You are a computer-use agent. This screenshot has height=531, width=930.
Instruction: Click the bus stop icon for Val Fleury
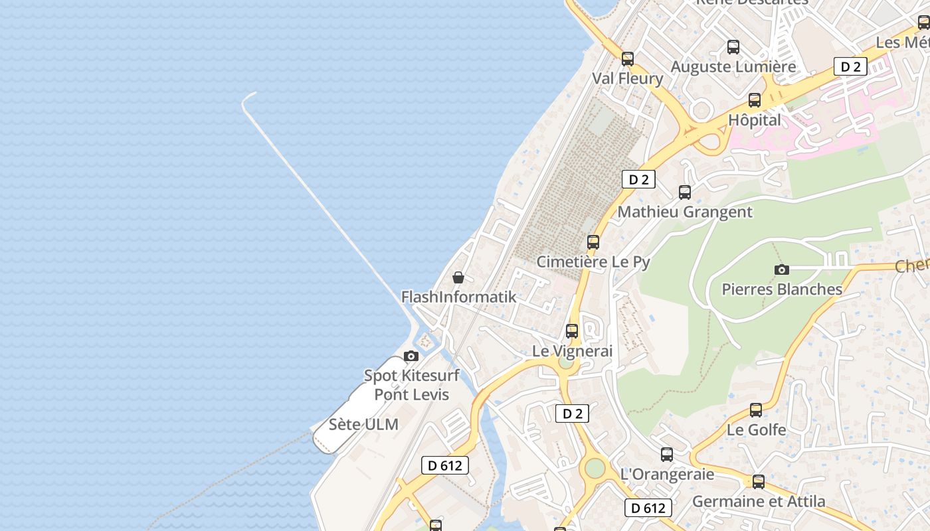[628, 58]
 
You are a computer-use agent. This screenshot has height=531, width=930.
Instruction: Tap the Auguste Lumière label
[733, 66]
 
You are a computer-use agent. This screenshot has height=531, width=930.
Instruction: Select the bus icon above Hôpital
[755, 100]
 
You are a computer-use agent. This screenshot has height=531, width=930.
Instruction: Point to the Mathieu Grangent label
[685, 212]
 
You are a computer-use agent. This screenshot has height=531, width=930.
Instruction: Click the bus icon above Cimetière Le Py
[593, 242]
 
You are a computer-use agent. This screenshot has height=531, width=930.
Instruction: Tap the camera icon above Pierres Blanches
[782, 269]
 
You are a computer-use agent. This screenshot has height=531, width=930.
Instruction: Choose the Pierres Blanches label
[782, 289]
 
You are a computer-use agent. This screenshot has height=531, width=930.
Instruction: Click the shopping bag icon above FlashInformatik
[458, 277]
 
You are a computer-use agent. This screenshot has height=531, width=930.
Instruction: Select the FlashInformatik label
[458, 297]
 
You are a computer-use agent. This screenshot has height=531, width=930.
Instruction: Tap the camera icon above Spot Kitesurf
[411, 356]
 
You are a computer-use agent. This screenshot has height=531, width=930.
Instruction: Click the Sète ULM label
[363, 425]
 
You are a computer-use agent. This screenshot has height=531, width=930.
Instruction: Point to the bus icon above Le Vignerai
[572, 331]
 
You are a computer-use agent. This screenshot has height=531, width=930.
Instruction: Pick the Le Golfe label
[756, 429]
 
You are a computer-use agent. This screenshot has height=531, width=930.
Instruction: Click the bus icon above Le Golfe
[756, 410]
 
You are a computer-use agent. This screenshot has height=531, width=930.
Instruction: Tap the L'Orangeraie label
[666, 474]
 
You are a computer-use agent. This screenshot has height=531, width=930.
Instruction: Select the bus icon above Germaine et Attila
[759, 482]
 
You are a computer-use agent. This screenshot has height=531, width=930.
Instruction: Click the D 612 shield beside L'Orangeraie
[648, 508]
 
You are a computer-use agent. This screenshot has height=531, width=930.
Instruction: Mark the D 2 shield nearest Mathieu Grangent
[638, 179]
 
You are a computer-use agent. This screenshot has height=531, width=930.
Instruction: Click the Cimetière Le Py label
[593, 262]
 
